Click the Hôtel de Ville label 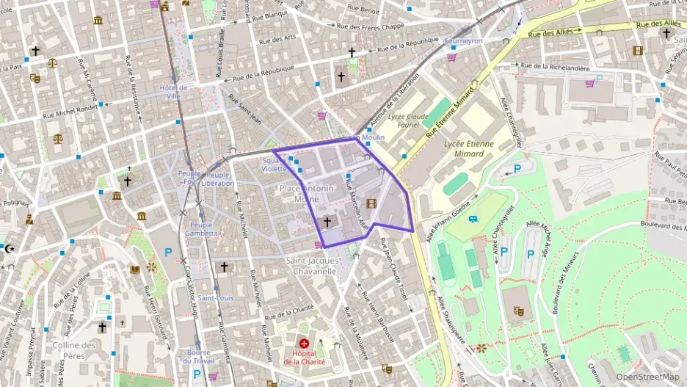pos(174,91)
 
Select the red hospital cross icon pos(304,343)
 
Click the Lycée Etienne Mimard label pos(470,149)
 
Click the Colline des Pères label pos(75,350)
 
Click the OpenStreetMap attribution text pos(648,377)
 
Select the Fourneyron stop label pos(464,41)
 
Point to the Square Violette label pos(275,164)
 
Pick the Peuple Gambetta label pos(203,229)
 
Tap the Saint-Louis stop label pos(216,298)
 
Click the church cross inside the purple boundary pos(327,221)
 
